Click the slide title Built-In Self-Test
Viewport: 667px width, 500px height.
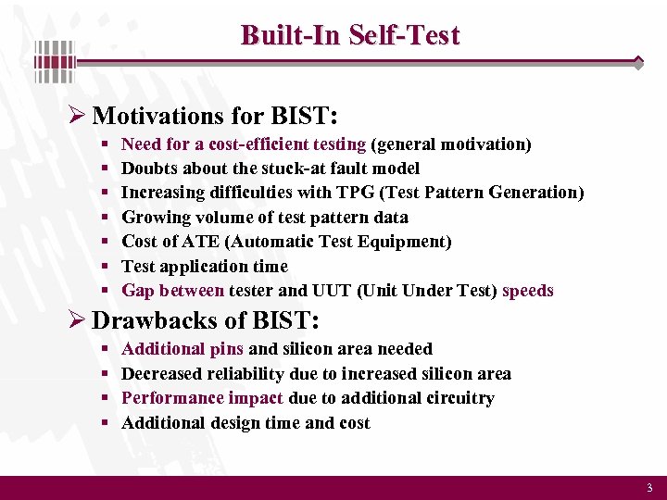[x=349, y=35]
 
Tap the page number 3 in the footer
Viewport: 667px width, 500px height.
[x=649, y=488]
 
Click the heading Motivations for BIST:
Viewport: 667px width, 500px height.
[x=215, y=116]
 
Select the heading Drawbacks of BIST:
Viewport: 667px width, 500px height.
[x=206, y=320]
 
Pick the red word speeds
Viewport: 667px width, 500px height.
[x=527, y=291]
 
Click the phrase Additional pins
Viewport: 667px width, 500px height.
[x=182, y=349]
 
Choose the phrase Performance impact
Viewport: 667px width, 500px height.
[x=202, y=398]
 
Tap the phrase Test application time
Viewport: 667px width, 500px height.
[x=205, y=267]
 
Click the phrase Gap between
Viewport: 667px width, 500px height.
[x=172, y=291]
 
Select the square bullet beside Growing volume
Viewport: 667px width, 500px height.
[x=104, y=218]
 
